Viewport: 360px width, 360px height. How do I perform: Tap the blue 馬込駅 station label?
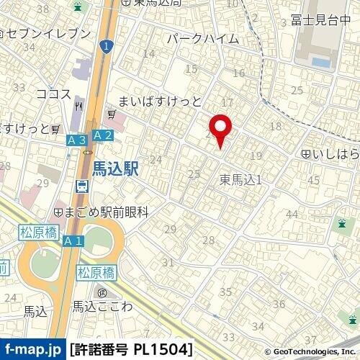click(x=114, y=168)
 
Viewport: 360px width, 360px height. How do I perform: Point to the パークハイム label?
click(x=202, y=38)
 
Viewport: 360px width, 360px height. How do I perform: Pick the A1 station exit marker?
click(x=72, y=241)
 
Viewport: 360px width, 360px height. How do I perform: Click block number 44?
click(x=292, y=214)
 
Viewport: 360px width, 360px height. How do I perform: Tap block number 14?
click(x=149, y=54)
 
